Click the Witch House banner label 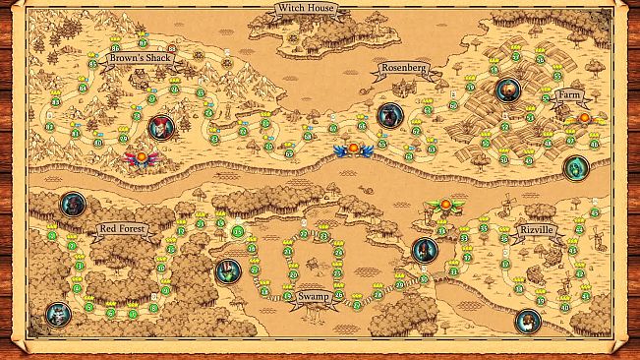305,9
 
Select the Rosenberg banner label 402,69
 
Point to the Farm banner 570,95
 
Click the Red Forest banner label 122,229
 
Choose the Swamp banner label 313,295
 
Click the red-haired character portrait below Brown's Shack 159,126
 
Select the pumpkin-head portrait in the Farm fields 507,90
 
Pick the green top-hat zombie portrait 227,270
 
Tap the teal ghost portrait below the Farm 575,167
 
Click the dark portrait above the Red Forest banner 73,205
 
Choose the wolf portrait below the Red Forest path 58,315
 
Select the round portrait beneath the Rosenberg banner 389,115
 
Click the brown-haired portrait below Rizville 529,319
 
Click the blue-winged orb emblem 353,150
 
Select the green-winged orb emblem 444,206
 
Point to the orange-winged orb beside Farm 584,118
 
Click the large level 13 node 239,232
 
